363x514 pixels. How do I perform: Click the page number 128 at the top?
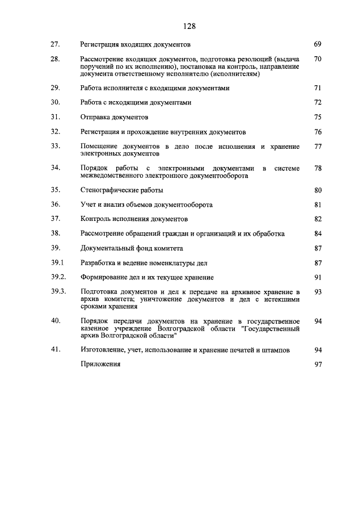(x=189, y=26)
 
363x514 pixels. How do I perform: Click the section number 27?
(x=55, y=44)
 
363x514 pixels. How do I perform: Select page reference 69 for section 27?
(x=318, y=44)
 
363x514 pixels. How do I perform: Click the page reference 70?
(x=318, y=58)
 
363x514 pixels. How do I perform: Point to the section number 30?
(x=55, y=103)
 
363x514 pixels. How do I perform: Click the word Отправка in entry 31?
(x=96, y=118)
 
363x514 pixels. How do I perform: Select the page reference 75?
(x=318, y=118)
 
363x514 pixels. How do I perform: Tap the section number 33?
(x=55, y=147)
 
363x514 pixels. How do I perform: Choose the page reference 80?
(x=318, y=190)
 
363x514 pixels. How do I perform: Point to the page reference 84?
(x=318, y=233)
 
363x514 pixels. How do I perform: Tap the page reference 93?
(x=318, y=291)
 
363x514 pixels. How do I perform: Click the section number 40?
(x=55, y=321)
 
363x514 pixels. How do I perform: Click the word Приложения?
(x=100, y=365)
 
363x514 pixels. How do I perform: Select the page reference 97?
(x=318, y=365)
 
